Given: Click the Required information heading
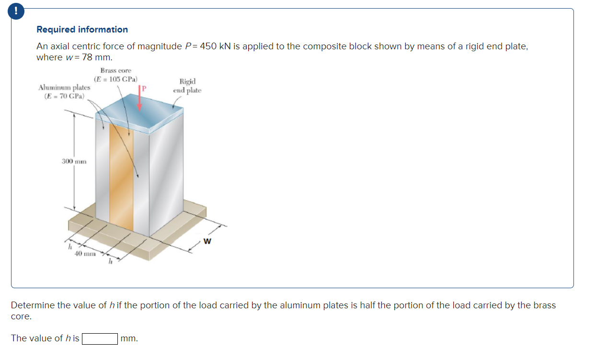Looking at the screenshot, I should click(x=82, y=30).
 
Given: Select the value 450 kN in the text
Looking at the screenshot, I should click(x=216, y=46).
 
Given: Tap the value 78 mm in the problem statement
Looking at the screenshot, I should click(x=97, y=57).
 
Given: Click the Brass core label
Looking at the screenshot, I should click(x=115, y=70).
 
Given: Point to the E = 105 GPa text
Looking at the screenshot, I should click(x=115, y=79).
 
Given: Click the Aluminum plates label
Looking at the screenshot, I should click(x=64, y=88).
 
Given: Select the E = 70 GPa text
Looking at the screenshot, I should click(x=64, y=96).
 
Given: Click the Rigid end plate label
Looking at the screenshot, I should click(x=187, y=86).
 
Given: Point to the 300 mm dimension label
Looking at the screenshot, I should click(x=74, y=161).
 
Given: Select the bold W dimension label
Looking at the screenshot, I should click(x=207, y=241).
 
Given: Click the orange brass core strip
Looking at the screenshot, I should click(x=121, y=177).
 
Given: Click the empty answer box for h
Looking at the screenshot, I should click(x=100, y=339).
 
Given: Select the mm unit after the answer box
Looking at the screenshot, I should click(x=129, y=338).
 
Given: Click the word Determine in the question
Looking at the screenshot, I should click(x=32, y=305).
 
